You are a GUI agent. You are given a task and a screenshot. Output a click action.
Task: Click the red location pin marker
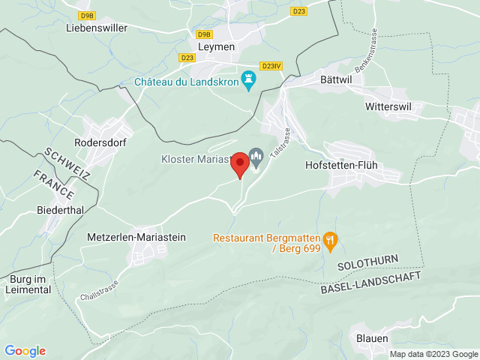coord(239,163)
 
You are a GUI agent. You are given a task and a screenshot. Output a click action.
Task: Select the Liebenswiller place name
coord(97,28)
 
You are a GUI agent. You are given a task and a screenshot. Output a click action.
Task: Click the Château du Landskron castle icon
coord(249,81)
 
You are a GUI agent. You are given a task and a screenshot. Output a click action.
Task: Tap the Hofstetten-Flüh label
coord(350,164)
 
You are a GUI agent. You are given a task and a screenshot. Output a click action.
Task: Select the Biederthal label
coord(60,210)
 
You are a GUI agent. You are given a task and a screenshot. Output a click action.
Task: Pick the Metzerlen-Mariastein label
coord(136,237)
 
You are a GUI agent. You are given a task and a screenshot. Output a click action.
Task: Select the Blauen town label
coord(372,337)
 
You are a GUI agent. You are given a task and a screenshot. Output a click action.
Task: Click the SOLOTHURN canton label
coord(367,265)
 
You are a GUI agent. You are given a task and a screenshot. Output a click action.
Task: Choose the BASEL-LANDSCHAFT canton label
coord(370,283)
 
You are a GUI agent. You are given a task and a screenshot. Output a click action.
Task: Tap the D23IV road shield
coord(271,66)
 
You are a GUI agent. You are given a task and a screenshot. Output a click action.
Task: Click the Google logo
coord(25,351)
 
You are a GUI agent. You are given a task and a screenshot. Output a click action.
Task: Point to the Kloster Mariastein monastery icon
coord(256,158)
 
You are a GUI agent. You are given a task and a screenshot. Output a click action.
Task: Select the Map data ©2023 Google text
coord(433,354)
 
